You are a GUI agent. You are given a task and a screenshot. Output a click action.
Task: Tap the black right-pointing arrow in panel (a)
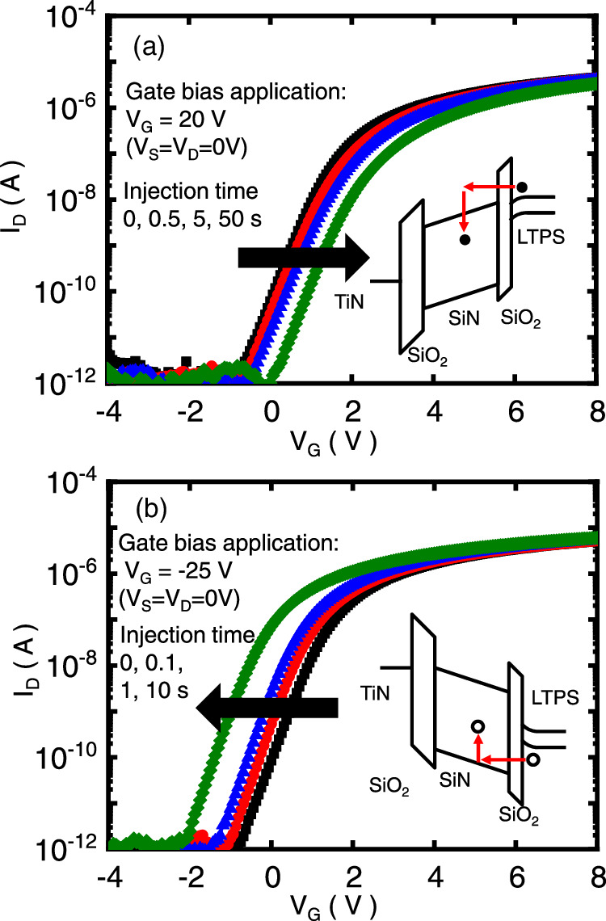(303, 258)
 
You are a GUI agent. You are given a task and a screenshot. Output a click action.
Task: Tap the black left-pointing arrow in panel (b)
(267, 707)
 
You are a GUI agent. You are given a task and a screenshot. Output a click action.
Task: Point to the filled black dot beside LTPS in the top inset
(522, 187)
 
